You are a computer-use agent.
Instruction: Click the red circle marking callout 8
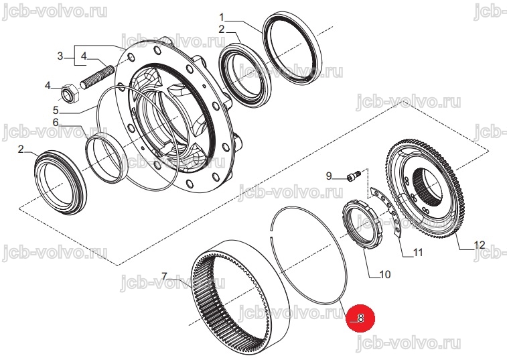coord(360,318)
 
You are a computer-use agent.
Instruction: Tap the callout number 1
coord(222,17)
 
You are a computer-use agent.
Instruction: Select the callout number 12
coord(479,245)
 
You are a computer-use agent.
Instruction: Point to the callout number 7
coord(165,276)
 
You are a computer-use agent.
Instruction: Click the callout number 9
coord(329,176)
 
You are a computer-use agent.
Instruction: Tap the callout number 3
coord(60,56)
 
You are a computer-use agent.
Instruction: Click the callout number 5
coord(56,111)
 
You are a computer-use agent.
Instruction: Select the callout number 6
coord(56,123)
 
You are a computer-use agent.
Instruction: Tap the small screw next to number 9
coord(354,176)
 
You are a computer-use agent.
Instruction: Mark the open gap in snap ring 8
coord(271,234)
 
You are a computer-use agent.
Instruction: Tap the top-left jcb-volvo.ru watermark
coord(54,12)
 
